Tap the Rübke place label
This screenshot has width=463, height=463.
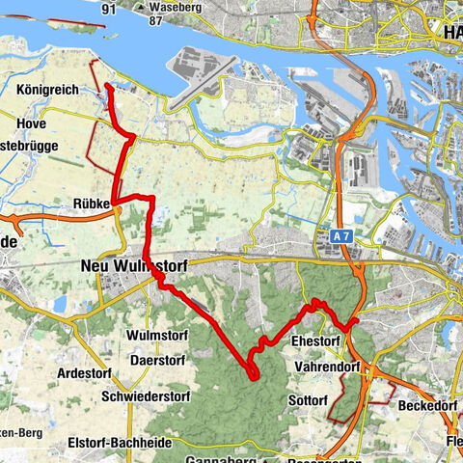(x=92, y=204)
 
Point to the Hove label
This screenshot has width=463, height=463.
(x=33, y=123)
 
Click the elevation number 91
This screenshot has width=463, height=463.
(x=108, y=10)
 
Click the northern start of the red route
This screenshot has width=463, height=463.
(x=107, y=87)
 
